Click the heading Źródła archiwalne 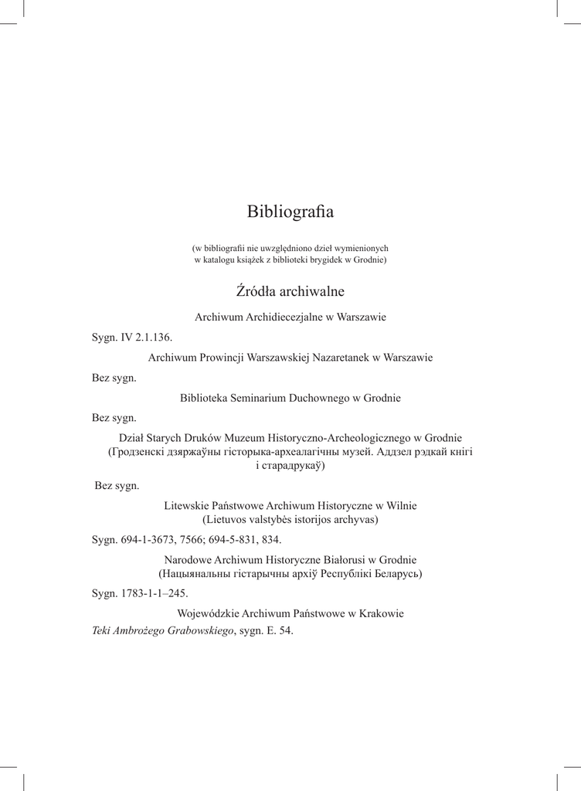[x=290, y=292]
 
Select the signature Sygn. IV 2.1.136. [x=131, y=338]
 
